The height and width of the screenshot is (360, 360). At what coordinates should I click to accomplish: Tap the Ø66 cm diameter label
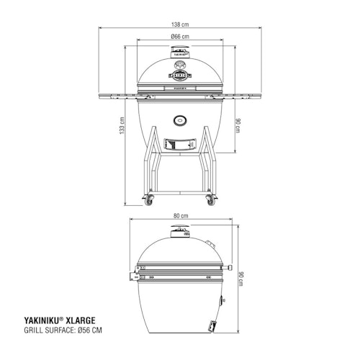click(180, 36)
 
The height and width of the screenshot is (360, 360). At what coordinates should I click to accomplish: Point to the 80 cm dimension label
click(180, 215)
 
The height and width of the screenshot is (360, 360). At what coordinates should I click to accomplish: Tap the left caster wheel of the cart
click(149, 201)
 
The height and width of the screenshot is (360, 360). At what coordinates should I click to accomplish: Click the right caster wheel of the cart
click(211, 201)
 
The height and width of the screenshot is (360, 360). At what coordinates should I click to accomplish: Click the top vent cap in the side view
click(178, 230)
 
